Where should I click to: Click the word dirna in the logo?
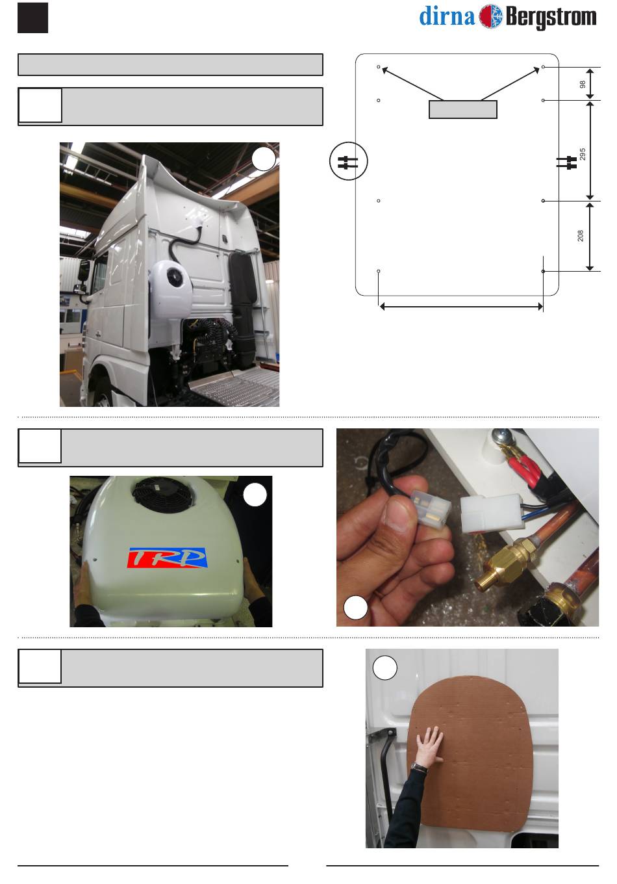[447, 17]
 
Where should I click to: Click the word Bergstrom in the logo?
[551, 18]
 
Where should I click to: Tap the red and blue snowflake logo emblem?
[491, 17]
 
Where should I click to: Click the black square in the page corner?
[32, 18]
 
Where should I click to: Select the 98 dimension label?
[583, 84]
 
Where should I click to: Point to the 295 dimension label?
[583, 154]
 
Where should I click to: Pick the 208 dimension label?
[581, 236]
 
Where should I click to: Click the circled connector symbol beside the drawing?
[349, 161]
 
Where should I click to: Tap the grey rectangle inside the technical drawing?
[463, 109]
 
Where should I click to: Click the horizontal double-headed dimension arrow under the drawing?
[461, 307]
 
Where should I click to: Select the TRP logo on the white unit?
[167, 558]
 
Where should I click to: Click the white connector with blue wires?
[491, 513]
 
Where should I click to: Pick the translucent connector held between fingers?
[431, 512]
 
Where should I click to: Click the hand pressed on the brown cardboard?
[430, 747]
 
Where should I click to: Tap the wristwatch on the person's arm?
[419, 768]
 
